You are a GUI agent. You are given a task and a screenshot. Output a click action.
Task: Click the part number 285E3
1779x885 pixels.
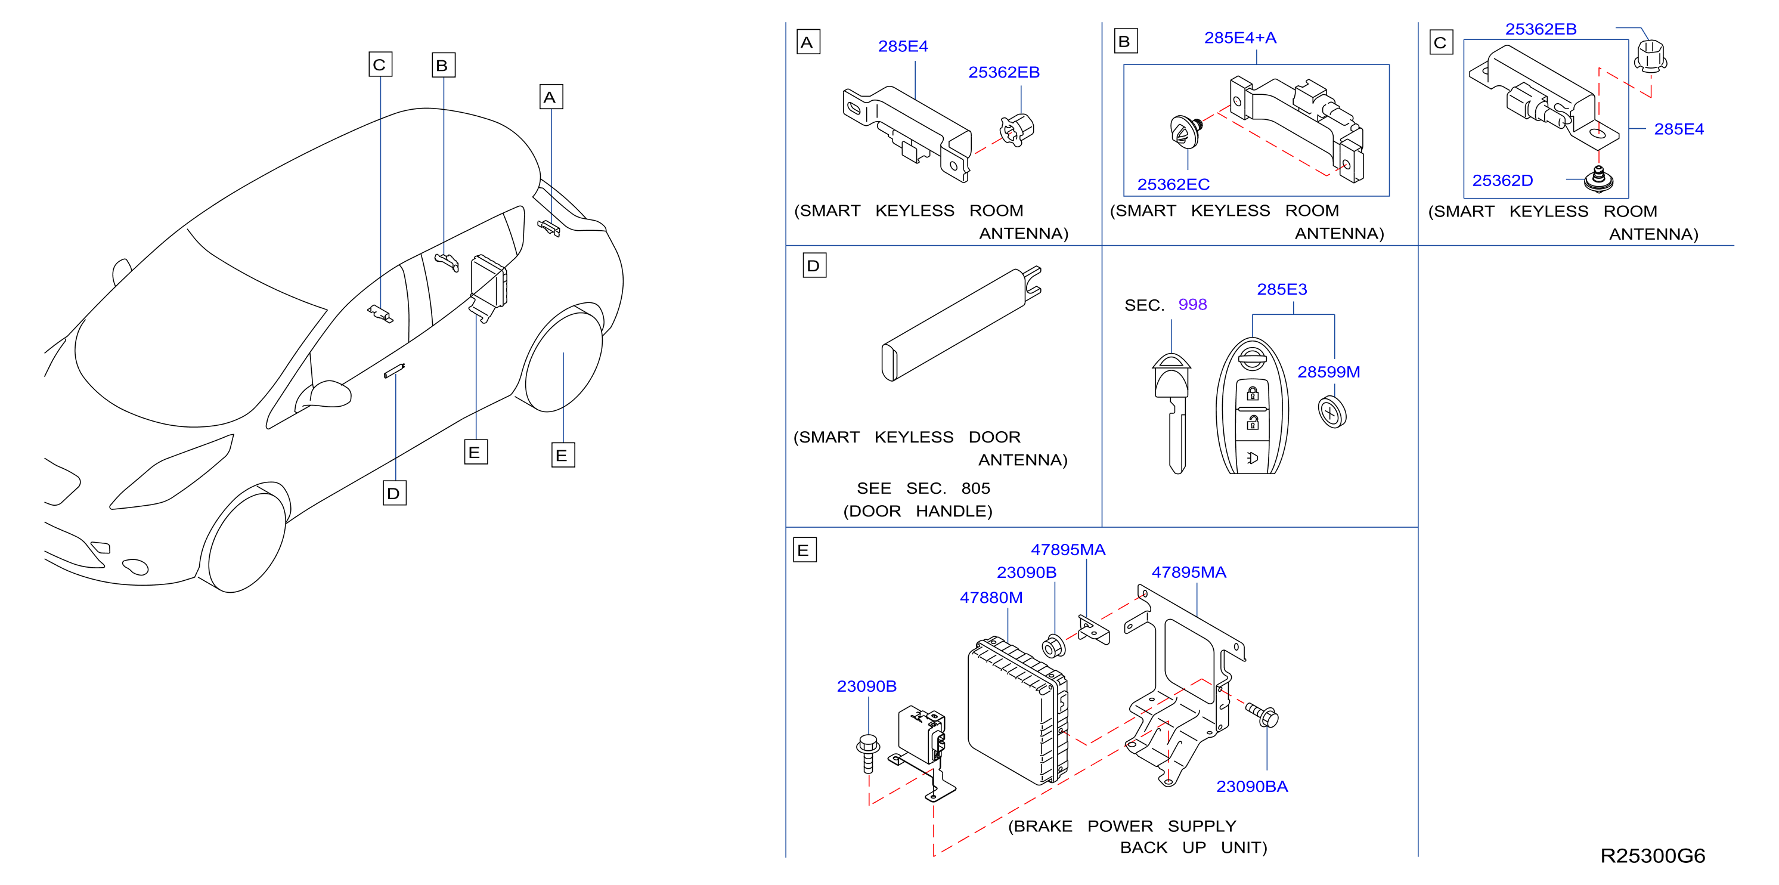click(x=1282, y=289)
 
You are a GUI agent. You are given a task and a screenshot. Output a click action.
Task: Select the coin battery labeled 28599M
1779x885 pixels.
click(x=1332, y=413)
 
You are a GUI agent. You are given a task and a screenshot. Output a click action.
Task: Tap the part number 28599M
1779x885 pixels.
click(x=1329, y=372)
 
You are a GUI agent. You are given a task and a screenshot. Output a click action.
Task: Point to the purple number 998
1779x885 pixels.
click(x=1193, y=305)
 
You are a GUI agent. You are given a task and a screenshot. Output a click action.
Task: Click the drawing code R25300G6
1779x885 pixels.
click(x=1653, y=856)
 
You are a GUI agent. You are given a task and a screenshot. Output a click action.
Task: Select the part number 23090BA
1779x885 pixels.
click(x=1252, y=786)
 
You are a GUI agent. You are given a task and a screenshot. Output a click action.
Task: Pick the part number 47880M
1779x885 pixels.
click(x=991, y=598)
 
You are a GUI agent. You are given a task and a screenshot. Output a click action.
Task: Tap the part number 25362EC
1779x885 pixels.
click(x=1173, y=184)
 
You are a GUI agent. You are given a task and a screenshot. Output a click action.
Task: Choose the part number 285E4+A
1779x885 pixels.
click(x=1240, y=38)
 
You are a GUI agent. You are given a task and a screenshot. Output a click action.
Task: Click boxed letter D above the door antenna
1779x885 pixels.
click(x=814, y=266)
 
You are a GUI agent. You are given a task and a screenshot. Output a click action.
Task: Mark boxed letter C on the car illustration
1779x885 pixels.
click(x=380, y=64)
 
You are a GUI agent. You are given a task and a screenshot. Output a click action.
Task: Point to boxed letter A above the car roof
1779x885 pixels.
click(x=551, y=97)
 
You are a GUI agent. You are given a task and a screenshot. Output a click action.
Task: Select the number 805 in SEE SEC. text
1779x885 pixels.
click(x=975, y=488)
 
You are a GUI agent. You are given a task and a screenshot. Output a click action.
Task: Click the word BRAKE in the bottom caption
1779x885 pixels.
click(x=1042, y=827)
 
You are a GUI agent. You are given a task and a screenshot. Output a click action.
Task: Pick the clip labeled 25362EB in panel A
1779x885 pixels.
click(x=1016, y=129)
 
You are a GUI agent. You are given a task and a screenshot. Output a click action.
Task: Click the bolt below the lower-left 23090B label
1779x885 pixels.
click(x=868, y=753)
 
